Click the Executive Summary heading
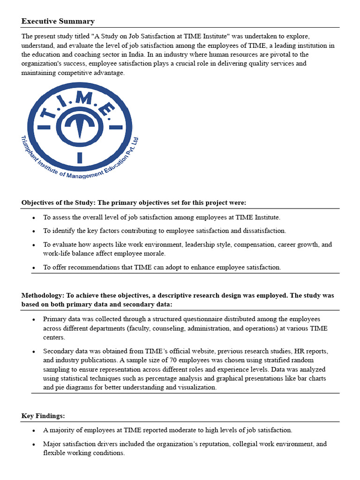[58, 21]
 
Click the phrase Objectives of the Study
[58, 202]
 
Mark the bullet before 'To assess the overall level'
[34, 217]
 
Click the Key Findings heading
[41, 416]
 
